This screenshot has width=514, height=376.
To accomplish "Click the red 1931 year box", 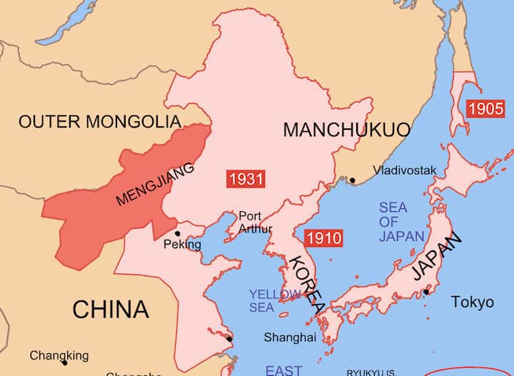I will tap(245, 178).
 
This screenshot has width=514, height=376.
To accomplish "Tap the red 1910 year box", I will tap(323, 238).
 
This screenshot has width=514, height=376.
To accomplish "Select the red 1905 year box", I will tap(485, 109).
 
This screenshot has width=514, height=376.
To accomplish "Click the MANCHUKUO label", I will tap(347, 130).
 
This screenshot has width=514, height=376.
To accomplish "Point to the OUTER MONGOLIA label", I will tap(100, 121).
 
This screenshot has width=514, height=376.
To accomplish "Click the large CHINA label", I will tap(111, 310).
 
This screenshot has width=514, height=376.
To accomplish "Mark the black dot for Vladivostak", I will tap(352, 180).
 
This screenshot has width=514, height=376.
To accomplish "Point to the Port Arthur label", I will tap(255, 222).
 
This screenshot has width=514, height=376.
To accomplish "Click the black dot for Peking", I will tap(177, 233).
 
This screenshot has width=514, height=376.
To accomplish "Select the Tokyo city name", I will tap(472, 302).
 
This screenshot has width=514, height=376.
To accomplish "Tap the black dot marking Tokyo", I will tap(426, 291).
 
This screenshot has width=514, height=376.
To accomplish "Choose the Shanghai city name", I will tap(289, 337).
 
